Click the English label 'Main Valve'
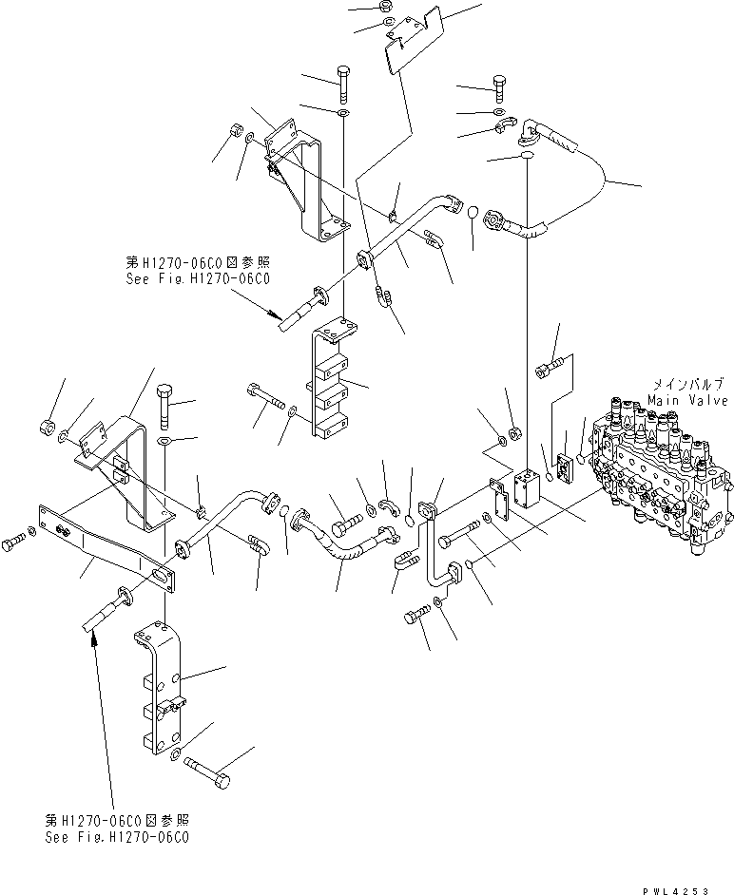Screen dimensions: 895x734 pyautogui.click(x=688, y=400)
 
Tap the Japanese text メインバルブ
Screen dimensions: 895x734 pyautogui.click(x=688, y=384)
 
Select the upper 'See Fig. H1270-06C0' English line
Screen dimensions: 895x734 pyautogui.click(x=198, y=279)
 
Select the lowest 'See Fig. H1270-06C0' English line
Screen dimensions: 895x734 pyautogui.click(x=117, y=837)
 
